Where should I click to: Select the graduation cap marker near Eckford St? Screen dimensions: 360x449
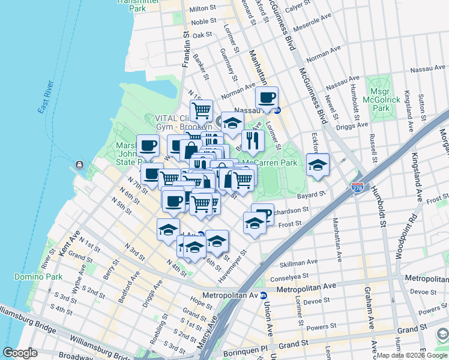(x=318, y=166)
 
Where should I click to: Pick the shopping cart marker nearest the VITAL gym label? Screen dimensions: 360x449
(x=201, y=110)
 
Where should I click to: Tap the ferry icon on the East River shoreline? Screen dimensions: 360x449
(x=79, y=166)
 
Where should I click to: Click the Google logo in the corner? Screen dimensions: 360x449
(x=20, y=353)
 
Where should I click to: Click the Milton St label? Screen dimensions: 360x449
(x=202, y=8)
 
